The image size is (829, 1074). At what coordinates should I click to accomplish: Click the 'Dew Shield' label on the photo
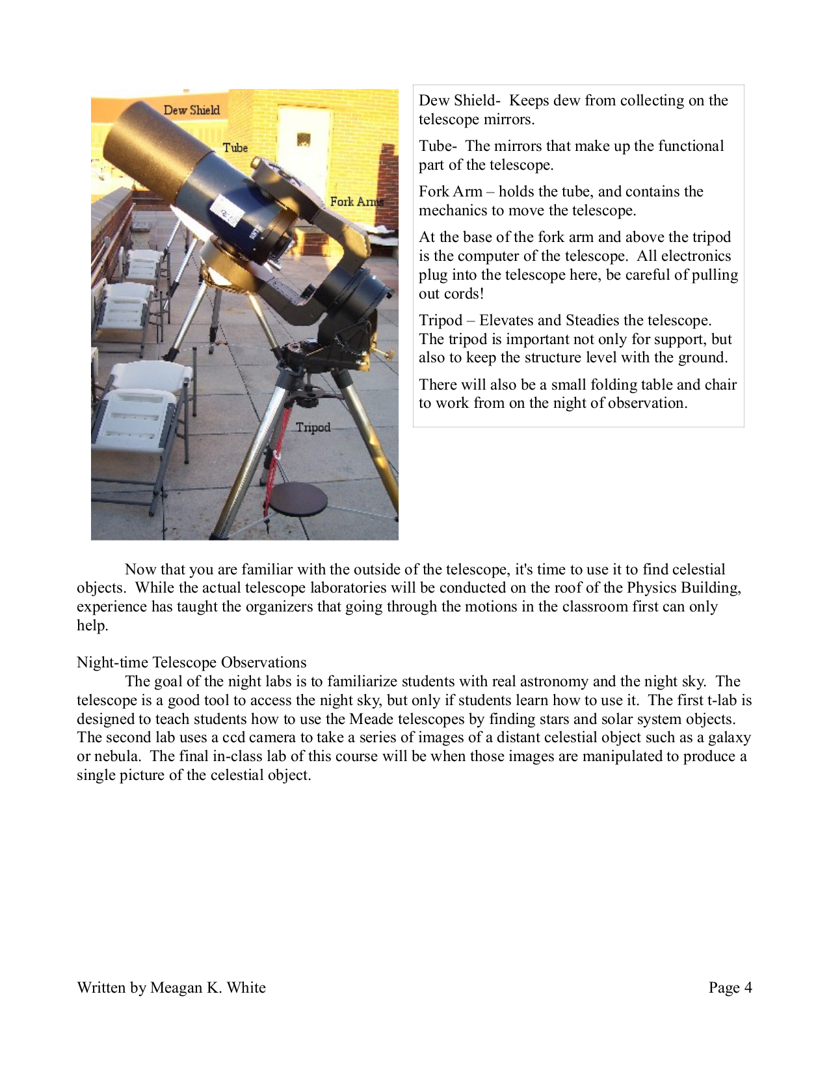[x=191, y=110]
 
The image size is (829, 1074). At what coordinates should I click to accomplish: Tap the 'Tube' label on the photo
[x=235, y=148]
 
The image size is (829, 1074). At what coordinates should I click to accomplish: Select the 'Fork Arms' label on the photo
[x=356, y=202]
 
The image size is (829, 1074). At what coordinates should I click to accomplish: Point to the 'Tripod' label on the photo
[x=313, y=427]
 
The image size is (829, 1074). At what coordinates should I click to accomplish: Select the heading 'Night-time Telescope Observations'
[x=191, y=662]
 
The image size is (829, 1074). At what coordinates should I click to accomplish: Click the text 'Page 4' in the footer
[x=730, y=987]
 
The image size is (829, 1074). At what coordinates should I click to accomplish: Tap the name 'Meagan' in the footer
[x=176, y=987]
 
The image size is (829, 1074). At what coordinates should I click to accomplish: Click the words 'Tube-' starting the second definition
[x=438, y=146]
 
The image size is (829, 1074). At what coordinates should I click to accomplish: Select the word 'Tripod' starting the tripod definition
[x=440, y=320]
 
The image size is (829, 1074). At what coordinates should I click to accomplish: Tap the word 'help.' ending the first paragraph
[x=92, y=625]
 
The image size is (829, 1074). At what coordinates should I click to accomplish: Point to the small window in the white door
[x=304, y=139]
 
